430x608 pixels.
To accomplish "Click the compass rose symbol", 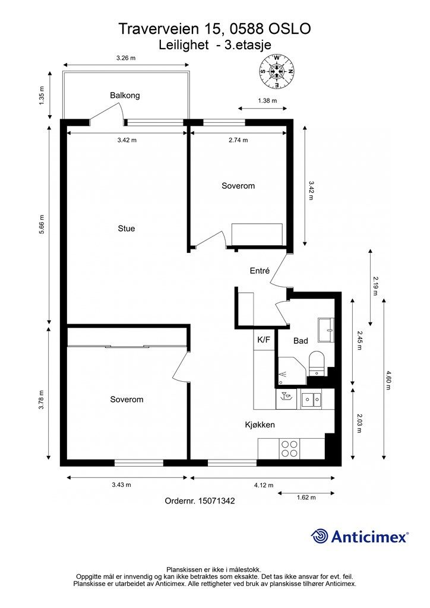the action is (x=276, y=71).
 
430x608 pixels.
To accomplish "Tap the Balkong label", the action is (x=125, y=96).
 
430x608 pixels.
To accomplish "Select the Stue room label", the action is (x=127, y=229).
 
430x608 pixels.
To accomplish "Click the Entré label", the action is (x=260, y=271).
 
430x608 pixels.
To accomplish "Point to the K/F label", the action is (x=264, y=340).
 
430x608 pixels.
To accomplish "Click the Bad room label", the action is (x=301, y=341).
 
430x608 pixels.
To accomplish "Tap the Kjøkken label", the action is (x=260, y=425).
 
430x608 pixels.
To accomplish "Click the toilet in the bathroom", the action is (x=317, y=363).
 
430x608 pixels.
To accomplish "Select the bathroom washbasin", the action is (x=326, y=330).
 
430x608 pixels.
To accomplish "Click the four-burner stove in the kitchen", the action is (x=289, y=449).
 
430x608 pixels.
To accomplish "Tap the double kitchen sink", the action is (x=311, y=400).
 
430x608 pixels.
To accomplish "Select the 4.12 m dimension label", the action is (x=264, y=485).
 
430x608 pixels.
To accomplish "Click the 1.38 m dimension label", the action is (x=267, y=100).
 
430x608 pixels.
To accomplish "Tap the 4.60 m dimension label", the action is (x=388, y=381).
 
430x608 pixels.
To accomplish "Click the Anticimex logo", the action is (x=360, y=537).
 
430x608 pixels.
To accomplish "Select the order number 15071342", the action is (x=216, y=501).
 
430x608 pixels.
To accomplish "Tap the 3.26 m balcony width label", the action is (x=126, y=58).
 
